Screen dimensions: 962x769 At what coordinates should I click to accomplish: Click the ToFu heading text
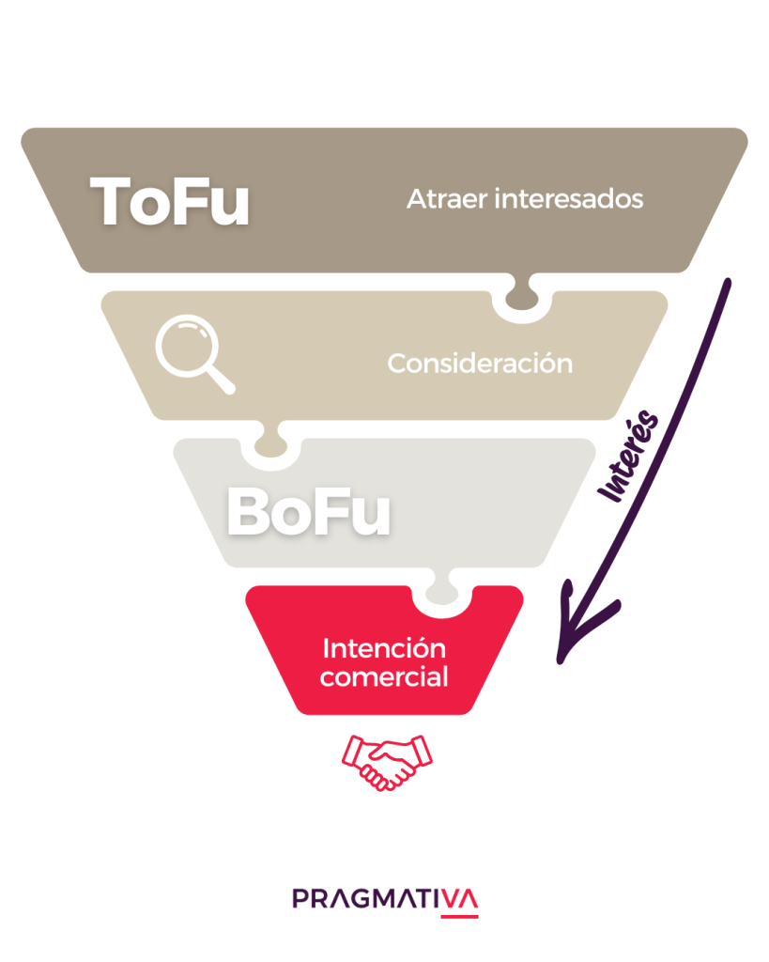tap(170, 200)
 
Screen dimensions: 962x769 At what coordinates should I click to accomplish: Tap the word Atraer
tap(438, 200)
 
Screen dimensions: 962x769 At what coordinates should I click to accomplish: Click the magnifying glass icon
tap(193, 353)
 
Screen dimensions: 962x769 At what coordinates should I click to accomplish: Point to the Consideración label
tap(479, 364)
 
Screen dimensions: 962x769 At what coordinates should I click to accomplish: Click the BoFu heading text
tap(308, 513)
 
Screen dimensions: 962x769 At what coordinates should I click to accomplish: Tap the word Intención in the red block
tap(383, 649)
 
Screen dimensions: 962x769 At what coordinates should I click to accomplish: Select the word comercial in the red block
tap(383, 676)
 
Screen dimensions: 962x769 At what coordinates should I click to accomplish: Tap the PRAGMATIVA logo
tap(385, 899)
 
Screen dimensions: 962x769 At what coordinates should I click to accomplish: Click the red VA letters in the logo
tap(460, 899)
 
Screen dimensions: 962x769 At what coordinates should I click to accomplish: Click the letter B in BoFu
tap(250, 513)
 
